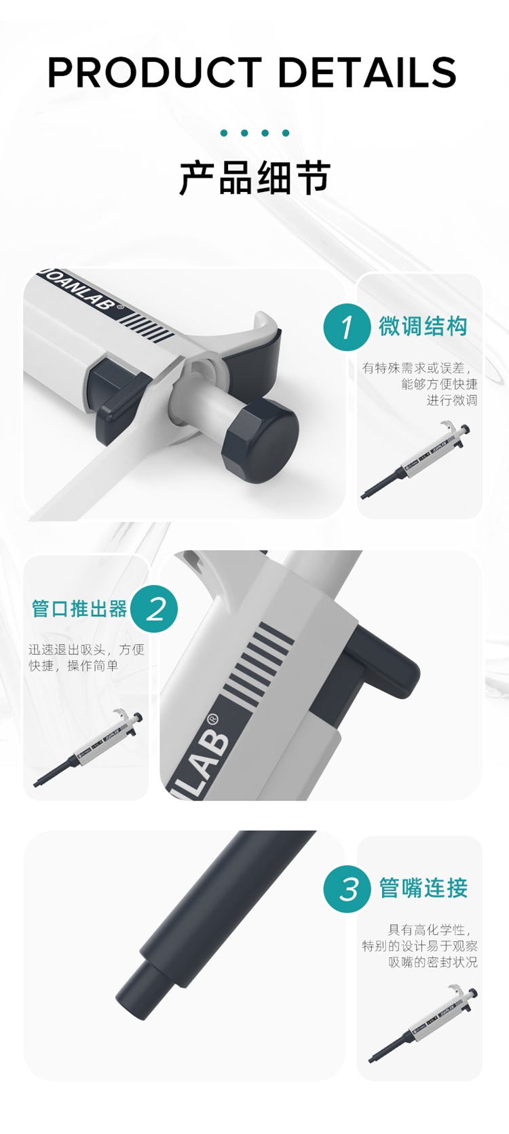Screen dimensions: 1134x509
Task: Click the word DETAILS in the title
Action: point(367,73)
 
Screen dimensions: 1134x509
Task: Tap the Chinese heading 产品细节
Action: point(254,178)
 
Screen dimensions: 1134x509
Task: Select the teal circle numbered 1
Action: point(347,327)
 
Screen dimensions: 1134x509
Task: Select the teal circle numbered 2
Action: point(155,609)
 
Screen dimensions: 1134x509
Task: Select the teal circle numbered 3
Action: point(347,888)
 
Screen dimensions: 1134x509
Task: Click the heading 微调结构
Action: point(423,326)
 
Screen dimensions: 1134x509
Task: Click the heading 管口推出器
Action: point(79,609)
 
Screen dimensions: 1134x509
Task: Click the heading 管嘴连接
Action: point(423,888)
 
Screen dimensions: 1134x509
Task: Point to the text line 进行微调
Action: point(451,400)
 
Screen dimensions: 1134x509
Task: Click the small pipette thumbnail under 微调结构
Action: point(415,461)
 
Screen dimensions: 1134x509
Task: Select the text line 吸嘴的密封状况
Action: point(433,962)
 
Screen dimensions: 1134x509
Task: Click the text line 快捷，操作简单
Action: point(73,666)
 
